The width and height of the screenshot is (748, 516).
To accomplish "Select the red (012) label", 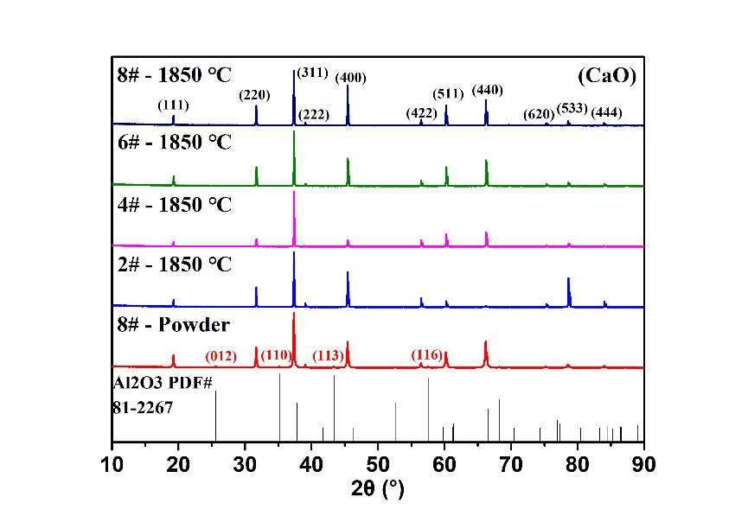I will point(221,356).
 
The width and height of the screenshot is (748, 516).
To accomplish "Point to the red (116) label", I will point(426,354).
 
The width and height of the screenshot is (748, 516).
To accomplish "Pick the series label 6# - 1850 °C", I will point(175,143).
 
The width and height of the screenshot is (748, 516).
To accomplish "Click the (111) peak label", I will point(173,105).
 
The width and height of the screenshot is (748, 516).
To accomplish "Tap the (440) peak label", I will point(487,90).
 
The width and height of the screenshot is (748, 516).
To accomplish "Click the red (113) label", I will point(328,355).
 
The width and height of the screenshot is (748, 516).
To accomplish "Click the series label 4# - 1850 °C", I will point(175,205).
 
